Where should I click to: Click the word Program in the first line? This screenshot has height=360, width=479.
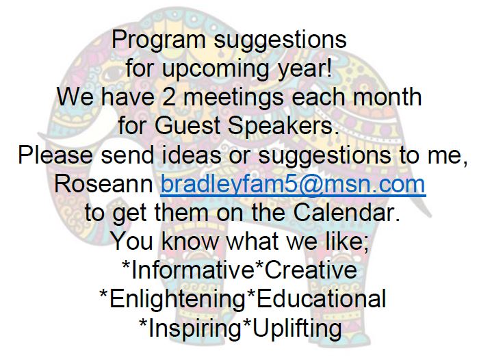159,40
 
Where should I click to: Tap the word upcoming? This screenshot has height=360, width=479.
216,69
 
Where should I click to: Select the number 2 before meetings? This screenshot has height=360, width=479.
168,97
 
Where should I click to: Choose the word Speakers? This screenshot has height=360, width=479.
283,126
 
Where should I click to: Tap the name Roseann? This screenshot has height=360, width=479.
103,183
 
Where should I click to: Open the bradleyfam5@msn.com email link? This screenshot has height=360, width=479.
293,184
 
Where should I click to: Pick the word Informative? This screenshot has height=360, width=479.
192,270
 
